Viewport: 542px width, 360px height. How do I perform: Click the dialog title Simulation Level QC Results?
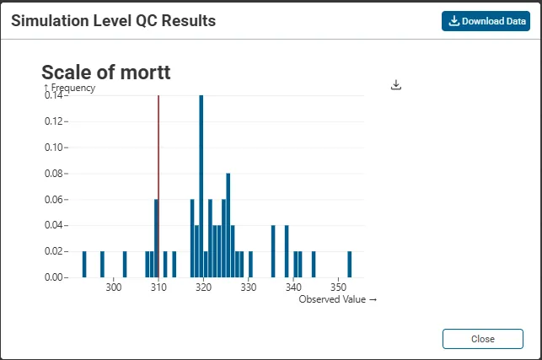coord(113,21)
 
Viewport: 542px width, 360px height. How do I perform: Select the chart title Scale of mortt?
coord(105,73)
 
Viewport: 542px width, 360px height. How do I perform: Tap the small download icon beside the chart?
coord(397,85)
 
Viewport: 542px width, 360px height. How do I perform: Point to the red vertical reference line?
coord(158,185)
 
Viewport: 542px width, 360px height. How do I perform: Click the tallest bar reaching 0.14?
coord(201,185)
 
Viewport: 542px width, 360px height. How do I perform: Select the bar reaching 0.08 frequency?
coord(228,224)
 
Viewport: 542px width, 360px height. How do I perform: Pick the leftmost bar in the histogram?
coord(84,264)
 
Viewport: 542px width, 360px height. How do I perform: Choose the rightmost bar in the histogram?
coord(350,264)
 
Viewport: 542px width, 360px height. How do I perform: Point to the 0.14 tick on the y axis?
coord(54,95)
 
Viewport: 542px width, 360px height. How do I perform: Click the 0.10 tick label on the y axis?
coord(54,148)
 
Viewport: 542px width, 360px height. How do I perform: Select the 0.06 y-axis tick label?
coord(54,199)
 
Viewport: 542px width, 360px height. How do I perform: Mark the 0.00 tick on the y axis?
coord(54,277)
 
